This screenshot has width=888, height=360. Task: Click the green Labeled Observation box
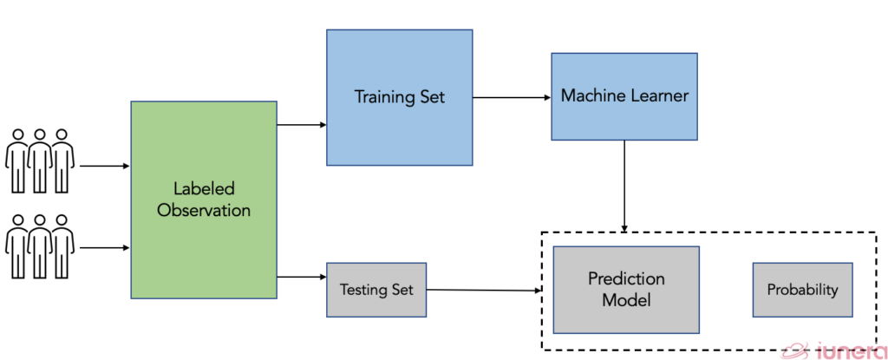click(x=203, y=199)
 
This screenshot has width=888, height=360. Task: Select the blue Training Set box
click(x=399, y=97)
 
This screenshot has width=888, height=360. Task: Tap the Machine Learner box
click(x=624, y=95)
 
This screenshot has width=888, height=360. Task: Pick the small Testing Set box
click(x=376, y=289)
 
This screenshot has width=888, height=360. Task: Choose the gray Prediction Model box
click(x=626, y=290)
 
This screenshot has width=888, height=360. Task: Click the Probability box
click(x=802, y=289)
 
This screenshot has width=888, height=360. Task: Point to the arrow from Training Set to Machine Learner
click(x=512, y=97)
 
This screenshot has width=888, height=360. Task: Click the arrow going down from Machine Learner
click(x=624, y=186)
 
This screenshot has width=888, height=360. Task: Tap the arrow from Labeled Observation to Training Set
click(x=301, y=125)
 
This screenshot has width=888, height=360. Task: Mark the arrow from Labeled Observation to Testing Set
click(x=301, y=277)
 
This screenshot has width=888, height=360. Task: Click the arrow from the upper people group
click(x=102, y=164)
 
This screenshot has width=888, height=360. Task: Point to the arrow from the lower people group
click(x=102, y=247)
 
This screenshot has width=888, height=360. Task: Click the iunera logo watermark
click(x=832, y=350)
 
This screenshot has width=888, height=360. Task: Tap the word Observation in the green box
click(x=203, y=210)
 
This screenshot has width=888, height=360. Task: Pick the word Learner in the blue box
click(x=656, y=95)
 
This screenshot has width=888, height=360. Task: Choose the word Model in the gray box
click(x=626, y=300)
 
